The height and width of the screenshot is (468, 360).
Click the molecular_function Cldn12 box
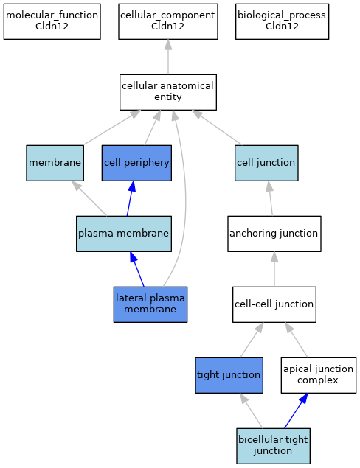52,21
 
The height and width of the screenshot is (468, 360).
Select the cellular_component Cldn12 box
168,21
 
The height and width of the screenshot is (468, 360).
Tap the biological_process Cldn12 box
282,21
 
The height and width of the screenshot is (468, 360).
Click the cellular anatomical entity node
168,92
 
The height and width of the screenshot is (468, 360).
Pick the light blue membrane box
55,163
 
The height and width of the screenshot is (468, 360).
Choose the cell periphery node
136,163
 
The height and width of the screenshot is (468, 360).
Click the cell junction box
266,163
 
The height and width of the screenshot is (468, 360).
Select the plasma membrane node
124,234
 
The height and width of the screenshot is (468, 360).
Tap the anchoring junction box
274,234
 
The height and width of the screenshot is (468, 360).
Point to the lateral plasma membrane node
150,304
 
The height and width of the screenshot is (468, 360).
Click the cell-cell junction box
274,304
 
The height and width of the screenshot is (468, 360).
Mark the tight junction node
229,375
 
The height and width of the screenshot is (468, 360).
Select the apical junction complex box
319,375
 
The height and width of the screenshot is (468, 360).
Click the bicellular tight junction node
273,446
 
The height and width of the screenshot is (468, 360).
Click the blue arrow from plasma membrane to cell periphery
131,198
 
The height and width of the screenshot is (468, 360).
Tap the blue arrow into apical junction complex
296,411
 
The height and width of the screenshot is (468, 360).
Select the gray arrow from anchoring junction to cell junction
271,198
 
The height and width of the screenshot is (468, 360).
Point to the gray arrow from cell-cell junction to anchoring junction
274,269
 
